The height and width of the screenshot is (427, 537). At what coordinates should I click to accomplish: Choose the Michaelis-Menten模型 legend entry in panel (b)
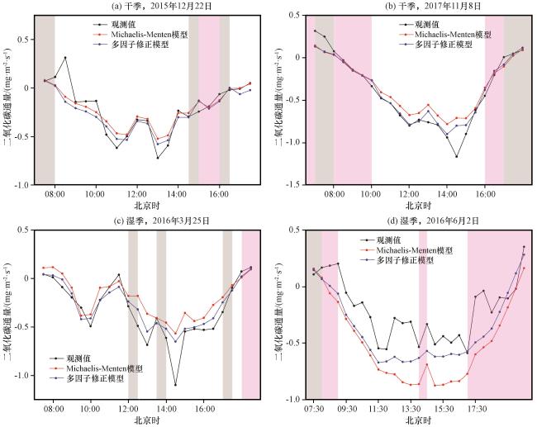click(x=444, y=35)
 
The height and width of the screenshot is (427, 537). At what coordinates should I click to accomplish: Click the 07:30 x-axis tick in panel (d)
click(x=314, y=407)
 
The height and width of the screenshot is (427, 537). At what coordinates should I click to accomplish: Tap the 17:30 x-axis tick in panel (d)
click(x=476, y=407)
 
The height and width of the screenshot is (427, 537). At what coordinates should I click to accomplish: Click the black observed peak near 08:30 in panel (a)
click(x=65, y=58)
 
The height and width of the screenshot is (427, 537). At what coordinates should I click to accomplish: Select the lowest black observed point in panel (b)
click(x=455, y=156)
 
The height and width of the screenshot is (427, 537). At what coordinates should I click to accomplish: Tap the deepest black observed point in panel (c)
click(x=175, y=385)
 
